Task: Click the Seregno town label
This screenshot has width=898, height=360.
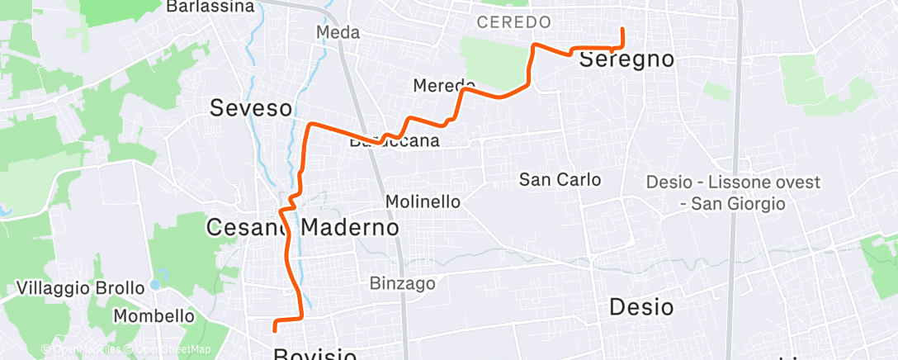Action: tap(626, 59)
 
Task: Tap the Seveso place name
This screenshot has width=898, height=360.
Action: tap(251, 107)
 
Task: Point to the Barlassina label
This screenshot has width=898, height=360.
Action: tap(210, 7)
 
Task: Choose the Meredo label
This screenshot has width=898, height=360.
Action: tap(444, 85)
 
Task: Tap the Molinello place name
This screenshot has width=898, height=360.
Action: tap(423, 201)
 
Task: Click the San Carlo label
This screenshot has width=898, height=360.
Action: tap(560, 179)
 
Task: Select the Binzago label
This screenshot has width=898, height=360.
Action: tap(403, 284)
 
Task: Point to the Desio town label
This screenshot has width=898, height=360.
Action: tap(641, 307)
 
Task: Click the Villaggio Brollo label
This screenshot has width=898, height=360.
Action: tap(81, 289)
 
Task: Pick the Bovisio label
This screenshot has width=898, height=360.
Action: tap(314, 355)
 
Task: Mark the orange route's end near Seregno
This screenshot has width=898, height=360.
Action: tap(622, 29)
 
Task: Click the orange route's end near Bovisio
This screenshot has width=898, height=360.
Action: tap(274, 330)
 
